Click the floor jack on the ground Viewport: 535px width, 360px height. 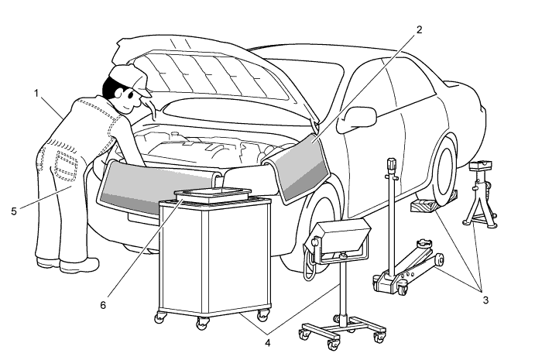point(410,264)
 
